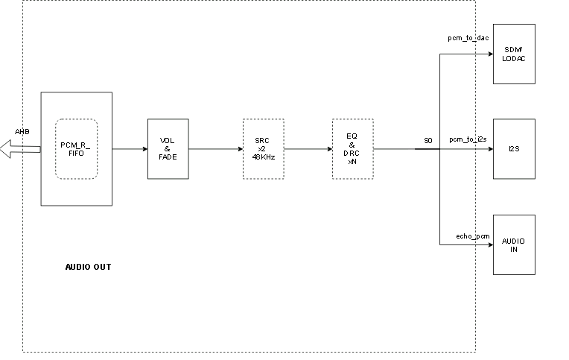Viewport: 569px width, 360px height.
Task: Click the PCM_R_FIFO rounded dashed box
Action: (x=76, y=149)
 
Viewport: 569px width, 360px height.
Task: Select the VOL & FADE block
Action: (x=168, y=149)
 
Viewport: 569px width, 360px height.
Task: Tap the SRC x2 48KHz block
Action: (x=263, y=149)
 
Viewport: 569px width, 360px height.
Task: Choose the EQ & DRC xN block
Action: (x=352, y=149)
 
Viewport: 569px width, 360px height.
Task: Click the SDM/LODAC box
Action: (x=514, y=54)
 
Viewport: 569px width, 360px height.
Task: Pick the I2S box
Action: (x=514, y=149)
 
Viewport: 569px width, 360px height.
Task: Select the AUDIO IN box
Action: (x=514, y=245)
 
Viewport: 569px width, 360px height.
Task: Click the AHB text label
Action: (x=22, y=132)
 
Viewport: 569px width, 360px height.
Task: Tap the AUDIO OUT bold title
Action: (x=88, y=267)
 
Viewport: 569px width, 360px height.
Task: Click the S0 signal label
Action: (x=427, y=140)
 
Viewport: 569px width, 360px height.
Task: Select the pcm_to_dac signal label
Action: (x=468, y=37)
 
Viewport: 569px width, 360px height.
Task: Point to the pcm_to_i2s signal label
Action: (x=468, y=139)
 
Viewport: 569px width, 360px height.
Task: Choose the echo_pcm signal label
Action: (x=473, y=236)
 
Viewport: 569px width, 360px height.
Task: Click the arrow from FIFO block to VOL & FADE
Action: (x=130, y=149)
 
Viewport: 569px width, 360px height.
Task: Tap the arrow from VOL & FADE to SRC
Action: (x=215, y=149)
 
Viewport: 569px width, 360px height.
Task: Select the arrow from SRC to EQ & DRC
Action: (x=308, y=149)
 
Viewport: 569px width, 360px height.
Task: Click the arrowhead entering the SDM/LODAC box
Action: (x=489, y=54)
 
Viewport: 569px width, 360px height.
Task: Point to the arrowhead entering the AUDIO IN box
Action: (x=489, y=245)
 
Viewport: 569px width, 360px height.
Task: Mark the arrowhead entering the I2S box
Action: (x=489, y=149)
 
